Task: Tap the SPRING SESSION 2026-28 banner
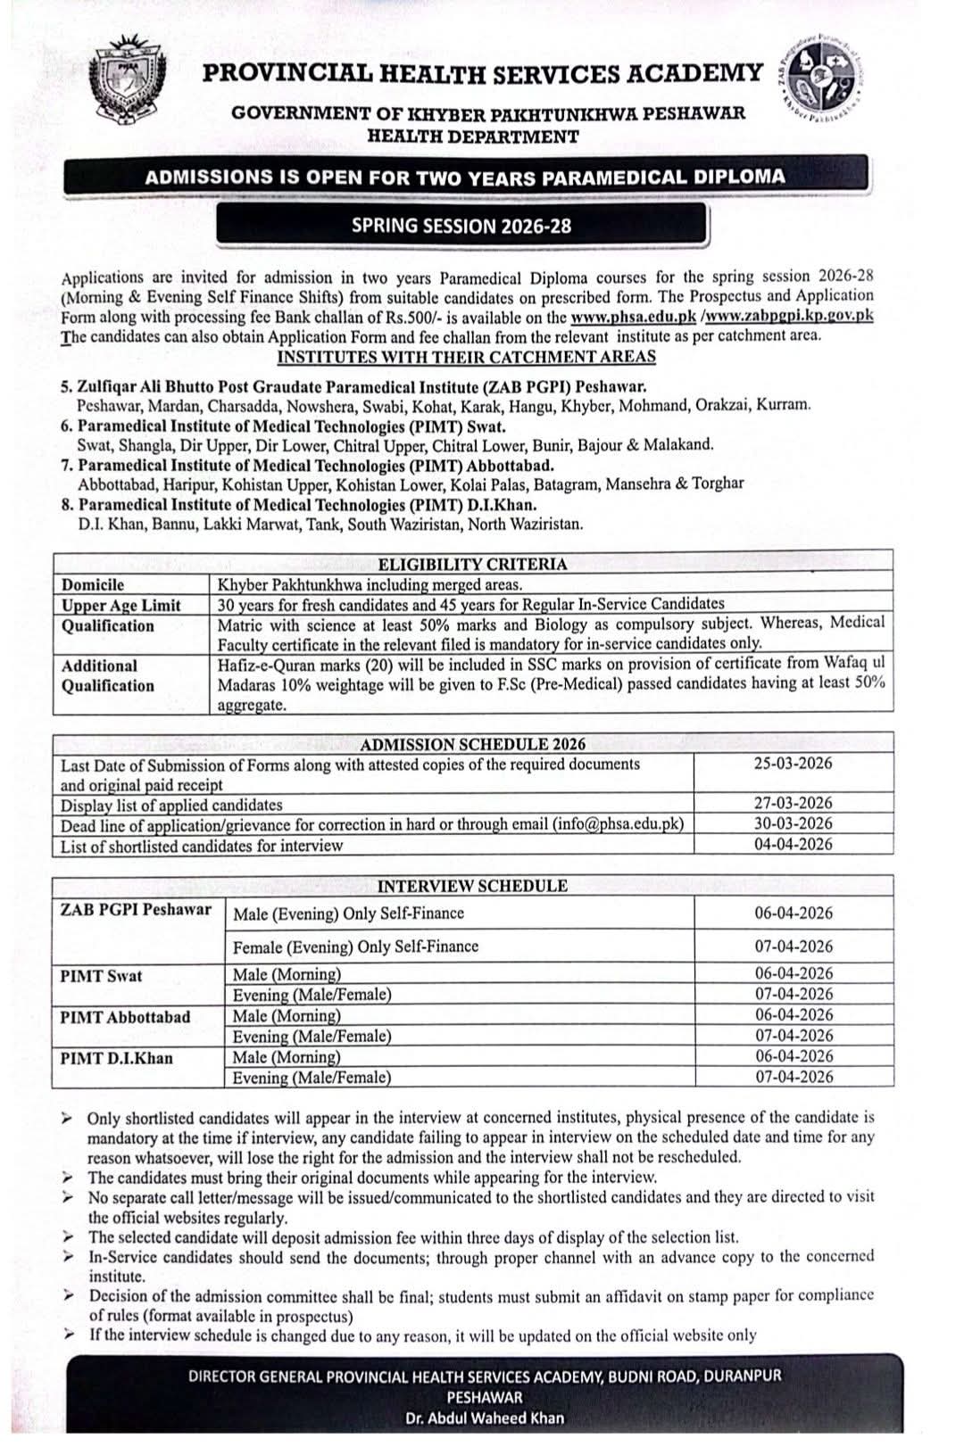(x=461, y=226)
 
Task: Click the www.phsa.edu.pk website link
(x=634, y=317)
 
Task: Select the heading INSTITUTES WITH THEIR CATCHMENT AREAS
(x=466, y=358)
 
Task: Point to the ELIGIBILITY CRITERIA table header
(x=472, y=564)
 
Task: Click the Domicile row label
(x=93, y=585)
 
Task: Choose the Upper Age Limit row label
(x=120, y=606)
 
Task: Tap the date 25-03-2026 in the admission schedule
(x=793, y=764)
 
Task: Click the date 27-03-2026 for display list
(x=793, y=804)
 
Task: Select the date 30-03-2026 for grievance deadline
(x=793, y=824)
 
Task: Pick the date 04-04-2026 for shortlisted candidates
(x=793, y=845)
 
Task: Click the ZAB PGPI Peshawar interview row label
(x=136, y=910)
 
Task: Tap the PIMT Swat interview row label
(x=101, y=976)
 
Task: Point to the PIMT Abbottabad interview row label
(x=125, y=1017)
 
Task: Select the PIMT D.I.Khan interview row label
(x=116, y=1059)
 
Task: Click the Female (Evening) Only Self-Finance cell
(x=355, y=947)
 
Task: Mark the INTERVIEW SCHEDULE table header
(x=472, y=887)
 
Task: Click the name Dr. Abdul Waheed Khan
(x=484, y=1418)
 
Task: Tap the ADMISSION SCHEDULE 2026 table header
(x=472, y=745)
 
